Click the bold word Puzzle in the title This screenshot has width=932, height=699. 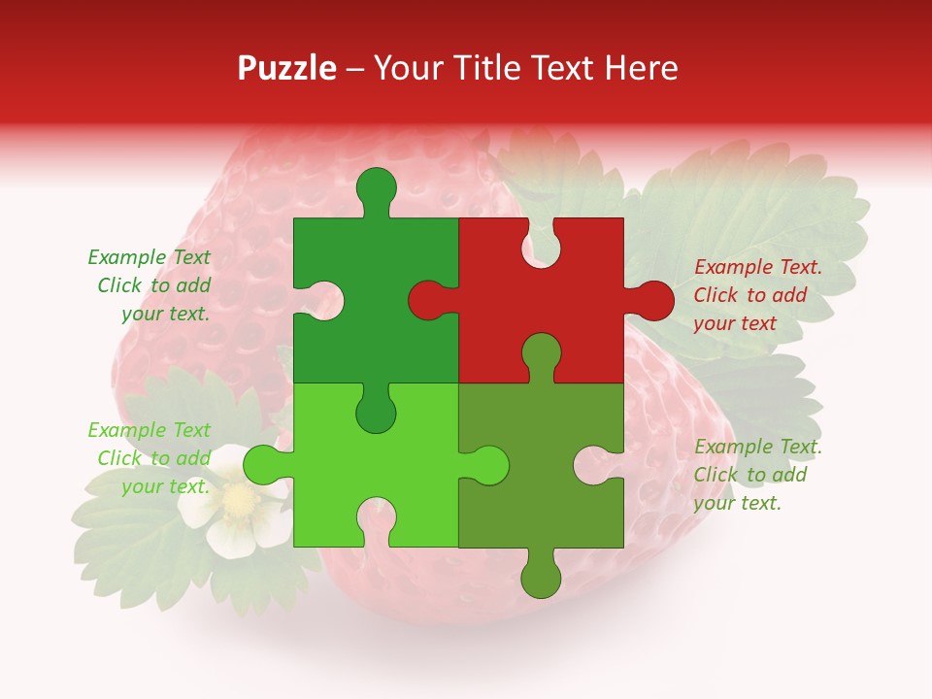coord(287,68)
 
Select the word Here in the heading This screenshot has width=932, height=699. coord(641,68)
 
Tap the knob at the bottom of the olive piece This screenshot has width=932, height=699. coord(541,577)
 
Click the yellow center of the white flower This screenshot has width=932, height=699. coord(238,501)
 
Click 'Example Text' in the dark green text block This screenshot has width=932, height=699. coord(149,257)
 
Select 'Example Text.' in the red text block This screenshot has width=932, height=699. coord(757,267)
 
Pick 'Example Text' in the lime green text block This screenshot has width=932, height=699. coord(149,430)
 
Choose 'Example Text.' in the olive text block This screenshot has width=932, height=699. coord(757,447)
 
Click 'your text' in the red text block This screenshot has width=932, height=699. coord(735,323)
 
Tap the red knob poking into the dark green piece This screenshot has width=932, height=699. coord(428,300)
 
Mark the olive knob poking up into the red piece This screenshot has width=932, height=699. coord(541,354)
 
